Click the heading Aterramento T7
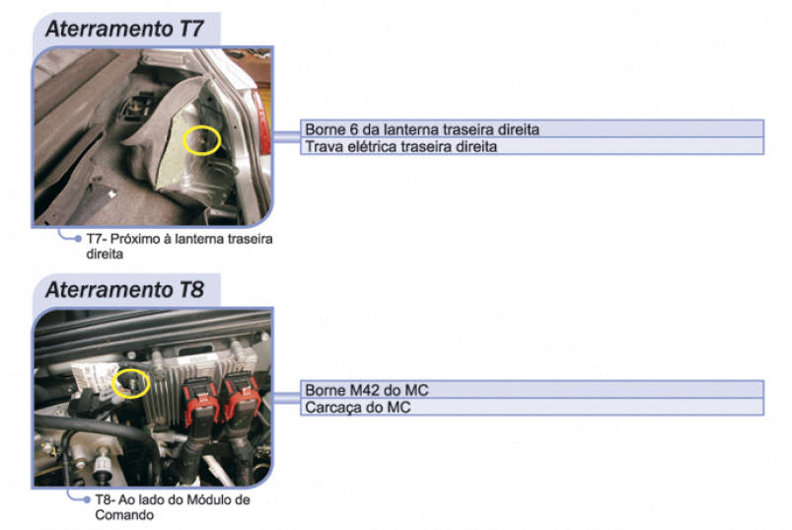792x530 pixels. coord(124,29)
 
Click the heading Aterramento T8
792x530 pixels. coord(124,289)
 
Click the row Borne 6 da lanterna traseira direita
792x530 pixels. coord(532,129)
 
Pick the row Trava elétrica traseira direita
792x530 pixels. coord(532,146)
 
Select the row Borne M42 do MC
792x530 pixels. coord(532,390)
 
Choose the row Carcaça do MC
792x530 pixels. coord(532,407)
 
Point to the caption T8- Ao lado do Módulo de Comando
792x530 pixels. coord(173,507)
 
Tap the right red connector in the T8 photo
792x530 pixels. coord(242,398)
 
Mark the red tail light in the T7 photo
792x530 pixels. coord(263,122)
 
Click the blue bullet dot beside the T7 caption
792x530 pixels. coord(78,239)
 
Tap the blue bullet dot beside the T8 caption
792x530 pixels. coord(87,499)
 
